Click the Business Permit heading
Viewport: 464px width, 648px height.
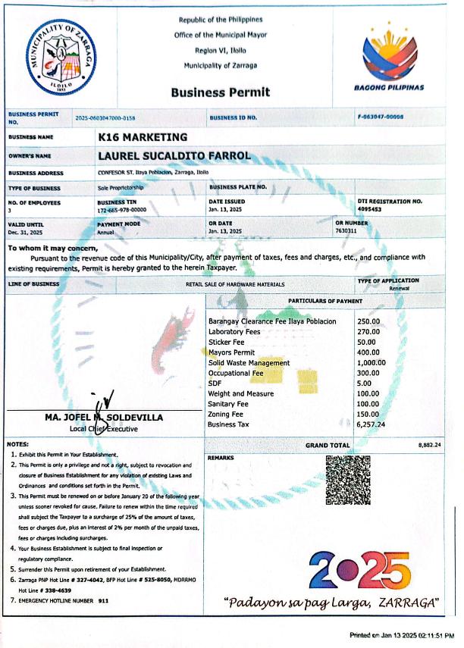(220, 92)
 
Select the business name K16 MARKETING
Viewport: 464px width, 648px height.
(143, 137)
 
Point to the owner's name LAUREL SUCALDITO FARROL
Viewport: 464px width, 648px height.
(174, 156)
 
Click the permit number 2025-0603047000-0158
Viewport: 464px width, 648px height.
(105, 118)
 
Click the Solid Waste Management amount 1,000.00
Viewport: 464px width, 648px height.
(372, 363)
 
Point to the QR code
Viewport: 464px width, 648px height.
(347, 480)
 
